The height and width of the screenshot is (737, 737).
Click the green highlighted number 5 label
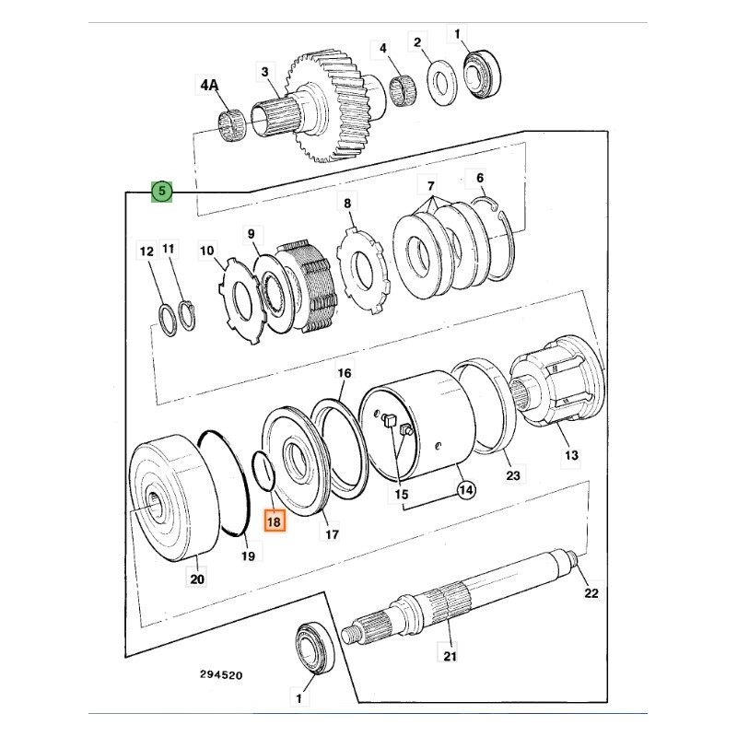tap(161, 191)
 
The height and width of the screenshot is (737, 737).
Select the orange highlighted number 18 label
tap(275, 521)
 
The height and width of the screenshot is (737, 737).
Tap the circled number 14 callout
tap(466, 490)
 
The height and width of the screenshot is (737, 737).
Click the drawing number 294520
tap(221, 675)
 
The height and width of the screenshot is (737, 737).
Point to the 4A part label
tap(210, 86)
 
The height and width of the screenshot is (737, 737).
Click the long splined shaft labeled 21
tap(461, 602)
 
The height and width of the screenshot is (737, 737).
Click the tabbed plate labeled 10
tap(242, 298)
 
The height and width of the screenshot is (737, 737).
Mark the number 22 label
tap(592, 594)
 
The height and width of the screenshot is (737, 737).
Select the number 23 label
tap(513, 475)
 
